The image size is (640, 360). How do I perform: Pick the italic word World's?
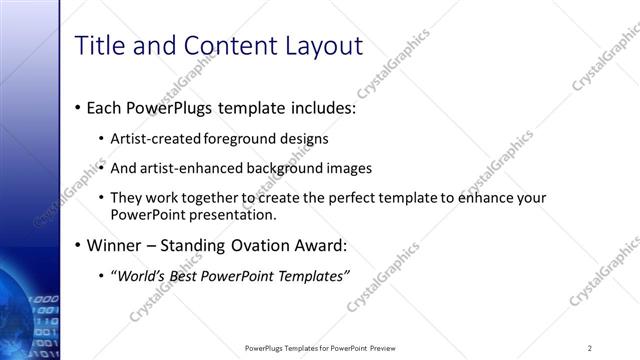pos(139,276)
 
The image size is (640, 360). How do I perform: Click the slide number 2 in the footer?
pos(590,348)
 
